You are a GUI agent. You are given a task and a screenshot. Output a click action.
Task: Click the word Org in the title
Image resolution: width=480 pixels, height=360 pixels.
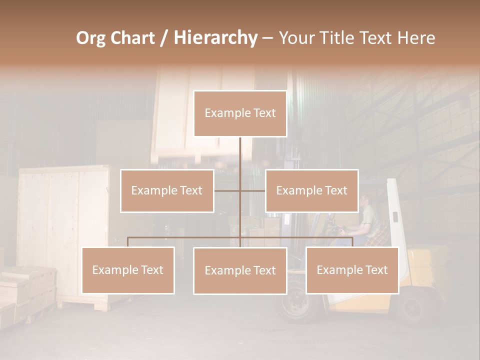[x=91, y=38]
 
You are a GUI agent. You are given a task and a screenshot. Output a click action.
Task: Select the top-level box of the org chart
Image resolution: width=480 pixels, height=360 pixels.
[x=240, y=113]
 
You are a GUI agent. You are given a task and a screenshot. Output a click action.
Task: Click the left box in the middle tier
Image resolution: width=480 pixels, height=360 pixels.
[x=167, y=190]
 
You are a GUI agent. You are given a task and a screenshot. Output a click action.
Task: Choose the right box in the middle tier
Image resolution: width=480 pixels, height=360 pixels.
[x=311, y=190]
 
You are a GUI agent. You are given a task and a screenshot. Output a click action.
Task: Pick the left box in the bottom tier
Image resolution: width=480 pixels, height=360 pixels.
[x=128, y=270]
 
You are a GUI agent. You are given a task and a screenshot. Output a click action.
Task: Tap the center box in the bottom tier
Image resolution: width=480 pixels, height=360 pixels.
[x=240, y=270]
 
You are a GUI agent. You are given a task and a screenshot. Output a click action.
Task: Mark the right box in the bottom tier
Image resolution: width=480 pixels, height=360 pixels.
[x=352, y=270]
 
